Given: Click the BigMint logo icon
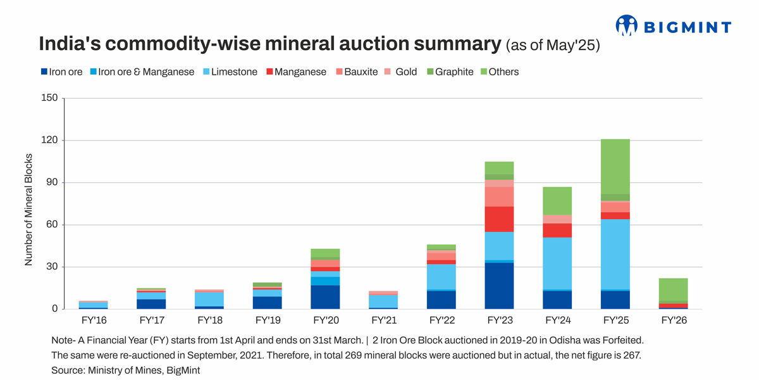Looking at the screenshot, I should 626,25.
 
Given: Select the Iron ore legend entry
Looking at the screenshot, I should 61,72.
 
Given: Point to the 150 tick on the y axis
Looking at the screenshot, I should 50,98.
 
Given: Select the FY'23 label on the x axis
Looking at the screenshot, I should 499,320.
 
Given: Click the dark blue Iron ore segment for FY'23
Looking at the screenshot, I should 499,286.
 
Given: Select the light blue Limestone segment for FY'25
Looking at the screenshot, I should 615,254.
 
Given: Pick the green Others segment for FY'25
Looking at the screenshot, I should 615,167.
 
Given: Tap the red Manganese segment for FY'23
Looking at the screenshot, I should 499,219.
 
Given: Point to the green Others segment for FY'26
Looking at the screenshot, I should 674,289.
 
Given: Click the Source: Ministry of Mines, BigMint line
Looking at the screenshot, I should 125,370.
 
